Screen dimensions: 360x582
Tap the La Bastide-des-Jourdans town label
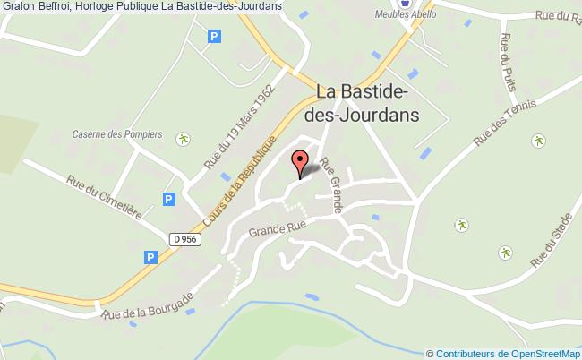coord(370,103)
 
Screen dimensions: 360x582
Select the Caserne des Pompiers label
coord(117,134)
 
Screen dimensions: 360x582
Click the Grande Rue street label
coord(278,228)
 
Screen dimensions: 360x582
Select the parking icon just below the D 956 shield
coord(150,257)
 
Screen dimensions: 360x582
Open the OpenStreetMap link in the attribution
coord(543,354)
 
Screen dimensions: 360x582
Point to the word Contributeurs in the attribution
coord(466,354)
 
